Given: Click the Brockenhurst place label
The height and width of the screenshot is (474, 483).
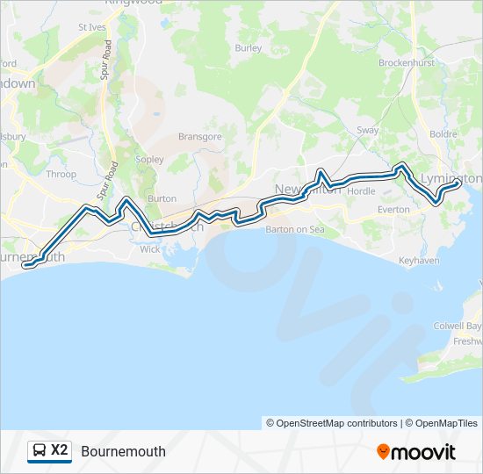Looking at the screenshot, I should [x=407, y=63].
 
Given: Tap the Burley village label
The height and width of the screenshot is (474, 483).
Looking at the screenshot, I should [x=249, y=47].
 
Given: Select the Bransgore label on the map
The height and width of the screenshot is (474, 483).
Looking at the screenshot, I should [x=200, y=136].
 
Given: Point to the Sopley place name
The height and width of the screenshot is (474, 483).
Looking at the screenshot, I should [x=149, y=160].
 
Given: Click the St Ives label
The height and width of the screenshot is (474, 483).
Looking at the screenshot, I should [x=91, y=27].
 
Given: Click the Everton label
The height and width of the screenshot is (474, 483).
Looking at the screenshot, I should [x=393, y=210].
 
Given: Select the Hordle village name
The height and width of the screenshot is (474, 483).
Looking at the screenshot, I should [x=361, y=190].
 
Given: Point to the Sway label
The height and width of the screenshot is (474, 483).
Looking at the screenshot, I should [x=367, y=131].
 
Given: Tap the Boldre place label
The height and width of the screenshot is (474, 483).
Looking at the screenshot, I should [x=444, y=134].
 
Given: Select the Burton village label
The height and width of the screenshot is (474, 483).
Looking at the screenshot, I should [x=162, y=198].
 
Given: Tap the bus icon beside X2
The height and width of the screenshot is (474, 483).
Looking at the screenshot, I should [x=40, y=451].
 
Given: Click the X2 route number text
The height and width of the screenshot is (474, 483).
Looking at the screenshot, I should [x=60, y=451].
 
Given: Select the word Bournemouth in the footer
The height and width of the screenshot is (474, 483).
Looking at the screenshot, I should [x=123, y=452].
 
